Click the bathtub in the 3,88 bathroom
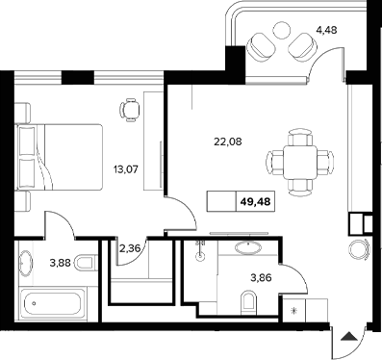tap(53, 308)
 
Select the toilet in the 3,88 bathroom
tap(84, 262)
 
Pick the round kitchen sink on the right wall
tap(360, 249)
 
